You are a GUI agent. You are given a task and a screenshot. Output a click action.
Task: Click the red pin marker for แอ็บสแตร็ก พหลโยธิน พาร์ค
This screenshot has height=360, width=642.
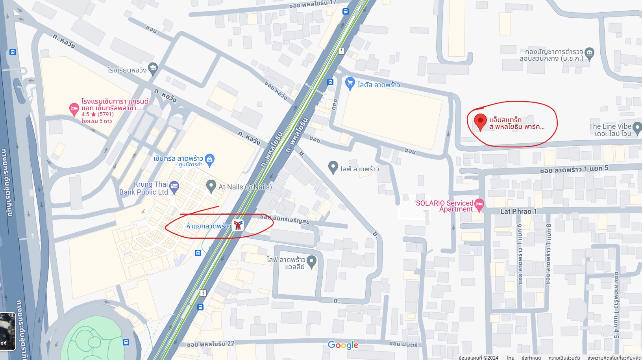tap(480, 121)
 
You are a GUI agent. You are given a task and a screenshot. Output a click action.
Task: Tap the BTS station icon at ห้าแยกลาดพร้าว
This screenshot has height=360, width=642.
tap(238, 225)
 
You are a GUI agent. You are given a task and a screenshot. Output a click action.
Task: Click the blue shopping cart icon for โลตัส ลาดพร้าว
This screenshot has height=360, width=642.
tap(350, 83)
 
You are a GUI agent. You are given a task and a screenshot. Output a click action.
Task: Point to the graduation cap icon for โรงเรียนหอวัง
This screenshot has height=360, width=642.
tap(153, 68)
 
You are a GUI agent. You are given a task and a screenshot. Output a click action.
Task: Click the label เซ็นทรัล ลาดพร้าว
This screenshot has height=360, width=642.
tap(178, 158)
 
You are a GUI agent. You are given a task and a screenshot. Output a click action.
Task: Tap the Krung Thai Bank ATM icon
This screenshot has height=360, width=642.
tap(174, 186)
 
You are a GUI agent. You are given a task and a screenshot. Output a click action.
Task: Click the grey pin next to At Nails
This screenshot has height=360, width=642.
tap(211, 185)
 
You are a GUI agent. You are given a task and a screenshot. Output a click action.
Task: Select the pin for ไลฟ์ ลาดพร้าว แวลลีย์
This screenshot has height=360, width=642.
tap(311, 261)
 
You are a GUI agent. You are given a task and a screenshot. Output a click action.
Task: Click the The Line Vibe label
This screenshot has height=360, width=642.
tap(610, 126)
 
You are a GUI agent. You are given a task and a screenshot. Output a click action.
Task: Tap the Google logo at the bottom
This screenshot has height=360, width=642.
tap(343, 345)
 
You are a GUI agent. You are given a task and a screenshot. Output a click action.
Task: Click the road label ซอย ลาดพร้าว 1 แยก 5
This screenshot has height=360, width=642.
tap(574, 169)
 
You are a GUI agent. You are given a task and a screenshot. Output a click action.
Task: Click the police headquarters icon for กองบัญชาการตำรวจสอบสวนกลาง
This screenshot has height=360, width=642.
tap(589, 52)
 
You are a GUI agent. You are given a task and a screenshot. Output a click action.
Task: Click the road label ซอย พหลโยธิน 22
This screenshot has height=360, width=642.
tap(211, 344)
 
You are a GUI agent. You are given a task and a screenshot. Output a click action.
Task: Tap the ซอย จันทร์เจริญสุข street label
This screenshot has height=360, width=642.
tap(285, 219)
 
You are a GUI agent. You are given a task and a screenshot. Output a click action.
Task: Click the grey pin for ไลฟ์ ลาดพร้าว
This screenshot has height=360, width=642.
tap(333, 167)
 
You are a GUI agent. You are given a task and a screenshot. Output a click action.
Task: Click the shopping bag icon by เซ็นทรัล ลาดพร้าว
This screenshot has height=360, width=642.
tap(210, 159)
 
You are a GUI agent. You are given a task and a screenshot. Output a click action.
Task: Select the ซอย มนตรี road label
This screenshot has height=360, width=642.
tap(403, 344)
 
